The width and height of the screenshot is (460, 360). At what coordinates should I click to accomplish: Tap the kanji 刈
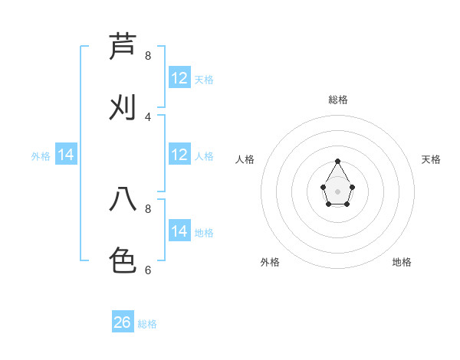click(123, 108)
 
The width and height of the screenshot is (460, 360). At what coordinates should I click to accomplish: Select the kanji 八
click(123, 199)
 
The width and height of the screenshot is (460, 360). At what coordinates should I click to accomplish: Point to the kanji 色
click(123, 260)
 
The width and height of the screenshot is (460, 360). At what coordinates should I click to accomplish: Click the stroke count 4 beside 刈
click(148, 116)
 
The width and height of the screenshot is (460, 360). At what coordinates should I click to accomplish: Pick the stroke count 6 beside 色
click(148, 270)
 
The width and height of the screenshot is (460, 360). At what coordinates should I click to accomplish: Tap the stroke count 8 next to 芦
click(148, 56)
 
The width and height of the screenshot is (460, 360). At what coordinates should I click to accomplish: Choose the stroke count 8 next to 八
click(148, 208)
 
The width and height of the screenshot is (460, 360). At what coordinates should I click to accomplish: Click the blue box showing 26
click(123, 322)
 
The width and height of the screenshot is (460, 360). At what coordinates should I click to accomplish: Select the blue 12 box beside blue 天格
click(179, 78)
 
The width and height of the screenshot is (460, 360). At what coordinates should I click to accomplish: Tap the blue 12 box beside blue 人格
click(179, 155)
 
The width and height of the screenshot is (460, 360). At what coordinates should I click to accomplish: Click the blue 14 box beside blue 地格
click(179, 231)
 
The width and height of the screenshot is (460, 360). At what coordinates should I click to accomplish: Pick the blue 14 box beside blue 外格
click(66, 155)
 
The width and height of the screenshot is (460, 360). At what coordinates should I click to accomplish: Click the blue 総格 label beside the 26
click(147, 324)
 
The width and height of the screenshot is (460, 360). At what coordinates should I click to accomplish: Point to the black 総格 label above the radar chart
click(338, 100)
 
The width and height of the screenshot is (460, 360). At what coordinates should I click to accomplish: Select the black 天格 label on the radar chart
click(431, 159)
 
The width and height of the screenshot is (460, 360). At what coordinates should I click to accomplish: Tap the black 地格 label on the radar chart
click(402, 262)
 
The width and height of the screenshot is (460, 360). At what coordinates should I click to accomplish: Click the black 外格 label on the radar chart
click(270, 262)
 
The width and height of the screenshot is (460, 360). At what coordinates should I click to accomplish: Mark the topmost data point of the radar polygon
click(337, 162)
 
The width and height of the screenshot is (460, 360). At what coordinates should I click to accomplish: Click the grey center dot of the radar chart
click(337, 191)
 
